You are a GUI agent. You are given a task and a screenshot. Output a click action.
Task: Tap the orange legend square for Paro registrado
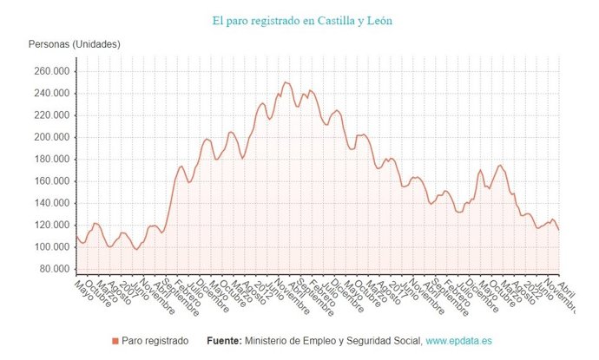click(x=115, y=341)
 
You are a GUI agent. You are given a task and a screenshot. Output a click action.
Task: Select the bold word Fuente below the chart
click(x=221, y=341)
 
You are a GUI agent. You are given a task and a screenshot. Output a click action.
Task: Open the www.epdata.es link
click(x=459, y=341)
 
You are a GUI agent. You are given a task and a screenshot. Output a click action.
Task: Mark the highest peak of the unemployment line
click(x=285, y=82)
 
